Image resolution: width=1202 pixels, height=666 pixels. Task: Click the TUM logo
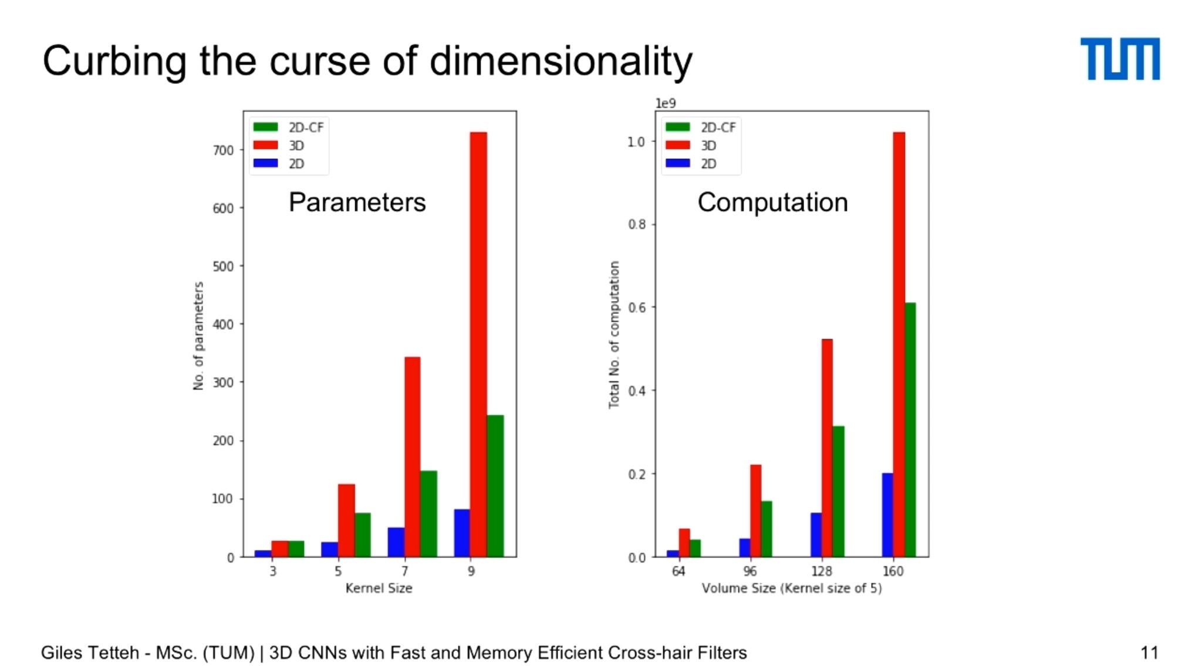pyautogui.click(x=1120, y=59)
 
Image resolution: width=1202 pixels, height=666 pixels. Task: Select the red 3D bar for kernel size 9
pyautogui.click(x=478, y=344)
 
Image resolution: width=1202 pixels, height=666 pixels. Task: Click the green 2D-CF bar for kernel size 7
pyautogui.click(x=428, y=513)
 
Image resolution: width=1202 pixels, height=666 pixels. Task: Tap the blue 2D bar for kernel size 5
pyautogui.click(x=329, y=549)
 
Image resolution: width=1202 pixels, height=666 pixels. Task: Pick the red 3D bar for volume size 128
pyautogui.click(x=827, y=448)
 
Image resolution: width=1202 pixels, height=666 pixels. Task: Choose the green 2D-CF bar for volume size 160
pyautogui.click(x=910, y=430)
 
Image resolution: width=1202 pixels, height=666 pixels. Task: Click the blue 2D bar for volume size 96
pyautogui.click(x=745, y=547)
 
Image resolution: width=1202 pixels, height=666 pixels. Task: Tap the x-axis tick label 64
pyautogui.click(x=678, y=571)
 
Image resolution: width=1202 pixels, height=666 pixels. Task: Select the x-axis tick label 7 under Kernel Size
pyautogui.click(x=404, y=571)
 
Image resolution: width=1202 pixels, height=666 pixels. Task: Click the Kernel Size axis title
pyautogui.click(x=379, y=588)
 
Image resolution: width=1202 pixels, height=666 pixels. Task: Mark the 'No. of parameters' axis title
pyautogui.click(x=198, y=336)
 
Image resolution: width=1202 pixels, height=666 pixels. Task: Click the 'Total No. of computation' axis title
pyautogui.click(x=614, y=334)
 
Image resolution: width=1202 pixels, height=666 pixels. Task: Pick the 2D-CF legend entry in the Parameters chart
pyautogui.click(x=288, y=127)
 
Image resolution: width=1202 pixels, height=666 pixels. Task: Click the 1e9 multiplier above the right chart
pyautogui.click(x=666, y=103)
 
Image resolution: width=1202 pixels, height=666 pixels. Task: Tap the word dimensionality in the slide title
pyautogui.click(x=561, y=61)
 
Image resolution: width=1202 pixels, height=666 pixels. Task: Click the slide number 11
pyautogui.click(x=1149, y=653)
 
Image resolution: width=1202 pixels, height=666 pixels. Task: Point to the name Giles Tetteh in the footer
pyautogui.click(x=90, y=653)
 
